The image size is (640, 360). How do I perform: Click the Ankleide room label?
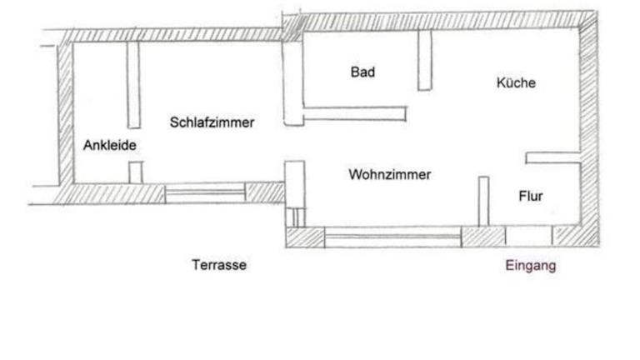pos(109,145)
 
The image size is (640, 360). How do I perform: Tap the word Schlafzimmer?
pos(212,122)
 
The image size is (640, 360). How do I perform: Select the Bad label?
pos(362,72)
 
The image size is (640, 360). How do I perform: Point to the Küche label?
pos(516,83)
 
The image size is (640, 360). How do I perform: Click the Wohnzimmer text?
pos(389,175)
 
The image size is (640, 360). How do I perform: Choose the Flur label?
pos(531,197)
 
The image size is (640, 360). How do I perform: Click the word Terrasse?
pos(219,265)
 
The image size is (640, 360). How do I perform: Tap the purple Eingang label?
pos(531,267)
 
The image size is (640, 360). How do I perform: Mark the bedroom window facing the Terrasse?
pos(205,193)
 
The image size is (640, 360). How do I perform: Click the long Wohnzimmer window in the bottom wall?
pos(392,237)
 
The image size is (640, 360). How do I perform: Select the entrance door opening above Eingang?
pos(528,236)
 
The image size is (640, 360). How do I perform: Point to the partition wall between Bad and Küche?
pos(425,61)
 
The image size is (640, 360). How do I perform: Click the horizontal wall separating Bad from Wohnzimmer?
pos(355,114)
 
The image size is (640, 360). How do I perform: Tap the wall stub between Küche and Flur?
pos(552,157)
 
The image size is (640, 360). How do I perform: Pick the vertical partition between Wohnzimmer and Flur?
pos(483,201)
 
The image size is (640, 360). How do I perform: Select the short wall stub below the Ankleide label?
pos(135,172)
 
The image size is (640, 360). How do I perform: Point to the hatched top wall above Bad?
pos(375,22)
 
